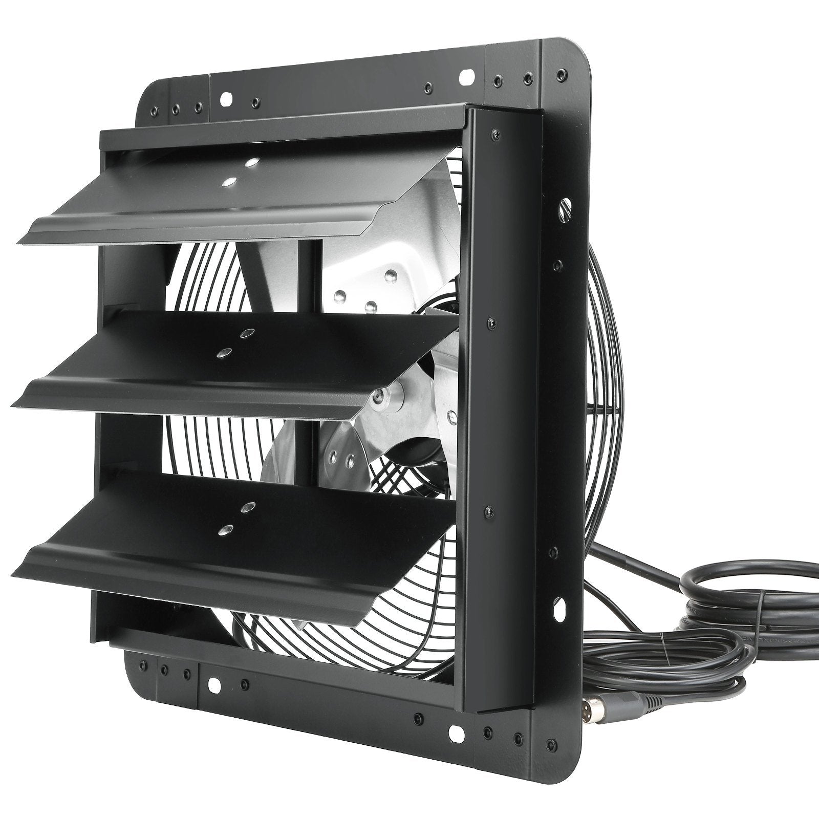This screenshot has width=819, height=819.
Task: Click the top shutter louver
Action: (x=215, y=205)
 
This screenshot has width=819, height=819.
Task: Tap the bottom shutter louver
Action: (x=205, y=548)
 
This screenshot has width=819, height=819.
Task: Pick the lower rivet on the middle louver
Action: (x=224, y=353)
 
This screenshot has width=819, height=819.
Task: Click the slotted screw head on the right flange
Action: (x=565, y=208)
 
